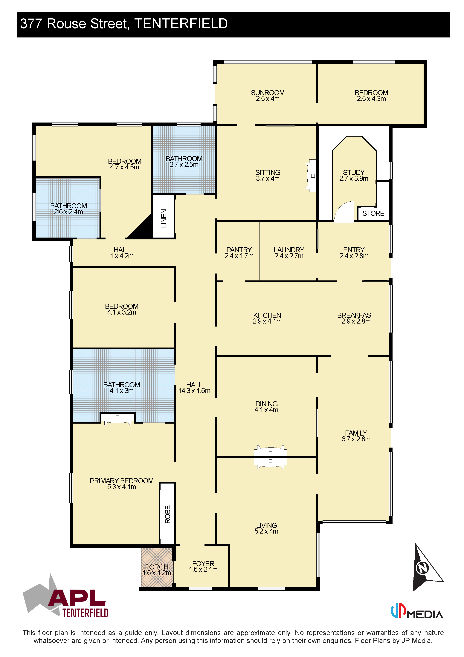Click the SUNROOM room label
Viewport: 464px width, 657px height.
point(268,93)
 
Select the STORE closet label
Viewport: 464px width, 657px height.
point(373,213)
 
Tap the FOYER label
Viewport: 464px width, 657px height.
point(203,564)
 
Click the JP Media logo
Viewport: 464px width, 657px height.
point(417,611)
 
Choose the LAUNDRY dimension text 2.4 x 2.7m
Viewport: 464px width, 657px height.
point(289,256)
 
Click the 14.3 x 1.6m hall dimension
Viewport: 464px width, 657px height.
point(194,391)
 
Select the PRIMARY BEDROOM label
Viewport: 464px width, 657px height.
point(122,481)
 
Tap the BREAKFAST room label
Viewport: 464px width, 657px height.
point(356,315)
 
